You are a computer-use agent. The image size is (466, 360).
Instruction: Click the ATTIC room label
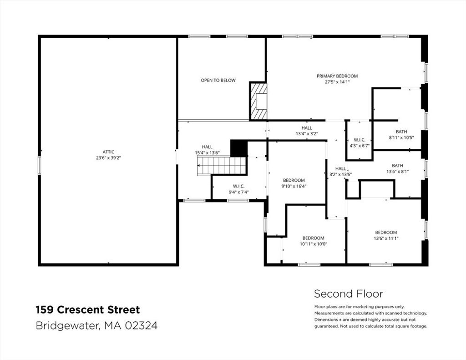(108, 152)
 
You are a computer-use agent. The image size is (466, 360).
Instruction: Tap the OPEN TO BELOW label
(218, 80)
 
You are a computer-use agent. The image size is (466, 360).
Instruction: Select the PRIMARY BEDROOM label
(337, 76)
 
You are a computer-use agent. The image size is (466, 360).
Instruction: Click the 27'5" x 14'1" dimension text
(337, 82)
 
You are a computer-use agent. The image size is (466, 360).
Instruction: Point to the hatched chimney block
(258, 101)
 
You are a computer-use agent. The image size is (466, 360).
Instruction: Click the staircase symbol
(222, 166)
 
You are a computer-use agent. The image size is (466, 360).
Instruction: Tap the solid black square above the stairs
(239, 148)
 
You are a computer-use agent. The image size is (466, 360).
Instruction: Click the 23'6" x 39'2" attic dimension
(108, 158)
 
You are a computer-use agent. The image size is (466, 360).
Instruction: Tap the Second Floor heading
(349, 294)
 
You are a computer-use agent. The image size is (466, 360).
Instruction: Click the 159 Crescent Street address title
(88, 310)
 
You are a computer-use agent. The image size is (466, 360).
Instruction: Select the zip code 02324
(141, 325)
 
